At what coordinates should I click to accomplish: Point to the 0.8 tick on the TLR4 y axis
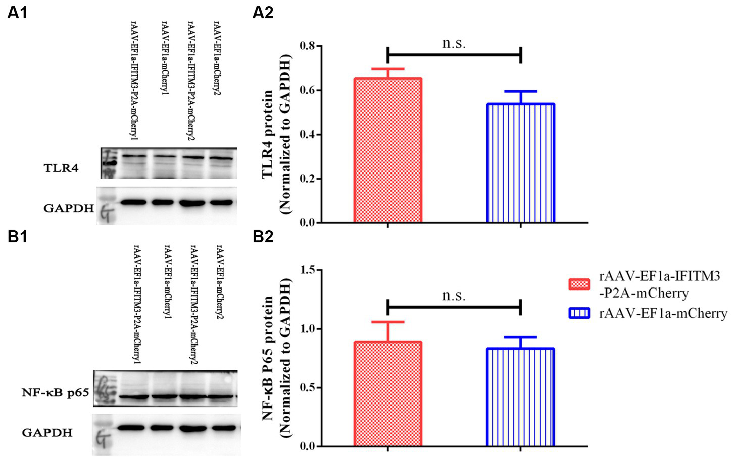tap(307, 46)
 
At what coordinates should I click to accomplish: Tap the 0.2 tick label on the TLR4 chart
tap(307, 179)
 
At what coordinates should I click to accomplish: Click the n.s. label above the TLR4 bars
tap(454, 44)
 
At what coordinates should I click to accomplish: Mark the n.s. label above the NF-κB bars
tap(454, 295)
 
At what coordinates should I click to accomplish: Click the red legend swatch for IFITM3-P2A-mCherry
tap(579, 284)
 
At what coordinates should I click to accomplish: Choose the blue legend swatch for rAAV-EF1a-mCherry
tap(579, 314)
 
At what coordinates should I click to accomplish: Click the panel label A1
tap(18, 13)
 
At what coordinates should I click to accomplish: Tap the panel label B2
tap(263, 236)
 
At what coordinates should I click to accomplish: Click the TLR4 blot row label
tap(61, 168)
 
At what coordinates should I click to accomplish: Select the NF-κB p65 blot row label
tap(55, 392)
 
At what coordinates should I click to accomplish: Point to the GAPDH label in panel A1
tap(69, 208)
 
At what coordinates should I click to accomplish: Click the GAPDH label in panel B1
tap(47, 432)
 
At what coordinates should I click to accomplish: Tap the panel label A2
tap(263, 13)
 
